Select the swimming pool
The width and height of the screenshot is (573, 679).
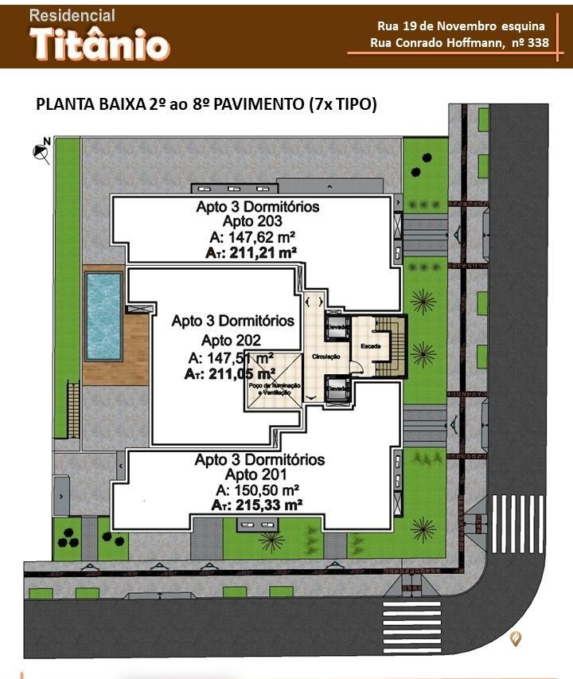click(x=103, y=316)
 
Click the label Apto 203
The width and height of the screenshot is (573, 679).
click(x=258, y=221)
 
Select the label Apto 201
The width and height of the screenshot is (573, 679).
click(x=259, y=474)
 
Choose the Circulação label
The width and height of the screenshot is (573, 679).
click(x=326, y=357)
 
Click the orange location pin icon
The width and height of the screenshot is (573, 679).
click(x=516, y=638)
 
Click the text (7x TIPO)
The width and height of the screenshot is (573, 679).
click(x=344, y=104)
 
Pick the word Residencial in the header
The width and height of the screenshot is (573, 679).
click(x=72, y=15)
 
